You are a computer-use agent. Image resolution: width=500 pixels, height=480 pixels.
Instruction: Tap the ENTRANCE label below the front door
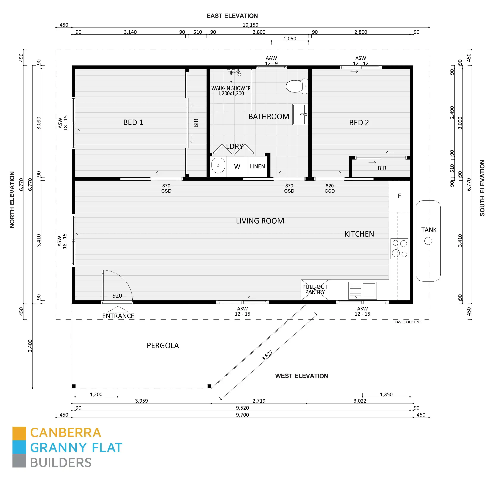[118, 316]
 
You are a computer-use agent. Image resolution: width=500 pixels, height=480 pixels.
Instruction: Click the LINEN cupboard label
[257, 167]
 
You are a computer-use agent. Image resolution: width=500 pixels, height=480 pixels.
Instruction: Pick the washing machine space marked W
[237, 167]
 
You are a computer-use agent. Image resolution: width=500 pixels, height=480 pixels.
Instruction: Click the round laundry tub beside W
[218, 166]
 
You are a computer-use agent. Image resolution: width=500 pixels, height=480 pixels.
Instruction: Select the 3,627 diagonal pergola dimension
[267, 355]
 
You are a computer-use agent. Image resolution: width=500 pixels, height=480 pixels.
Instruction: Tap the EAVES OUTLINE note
[408, 322]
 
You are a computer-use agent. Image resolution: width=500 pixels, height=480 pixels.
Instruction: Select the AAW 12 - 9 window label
[271, 61]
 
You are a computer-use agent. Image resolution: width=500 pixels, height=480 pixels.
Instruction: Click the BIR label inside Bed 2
[382, 168]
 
